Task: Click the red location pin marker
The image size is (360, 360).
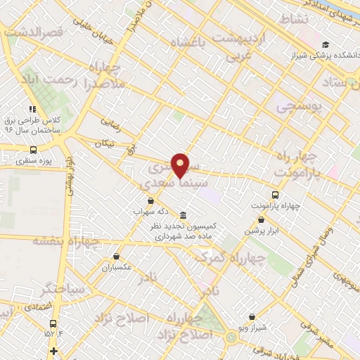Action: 181,165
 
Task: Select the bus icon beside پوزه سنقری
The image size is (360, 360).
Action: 34,150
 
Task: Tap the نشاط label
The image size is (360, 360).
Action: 293,18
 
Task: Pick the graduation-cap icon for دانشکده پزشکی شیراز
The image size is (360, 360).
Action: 325,44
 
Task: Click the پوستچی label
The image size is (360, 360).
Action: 297,107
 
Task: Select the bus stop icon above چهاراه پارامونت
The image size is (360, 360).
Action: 275,195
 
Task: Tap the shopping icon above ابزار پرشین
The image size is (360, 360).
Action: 262,220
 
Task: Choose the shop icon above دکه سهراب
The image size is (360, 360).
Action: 150,200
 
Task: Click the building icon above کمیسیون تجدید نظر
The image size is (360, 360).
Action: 183,215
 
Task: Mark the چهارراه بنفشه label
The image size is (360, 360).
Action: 67,241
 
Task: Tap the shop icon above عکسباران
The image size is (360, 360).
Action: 116,257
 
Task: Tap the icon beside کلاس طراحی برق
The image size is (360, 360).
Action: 32,109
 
